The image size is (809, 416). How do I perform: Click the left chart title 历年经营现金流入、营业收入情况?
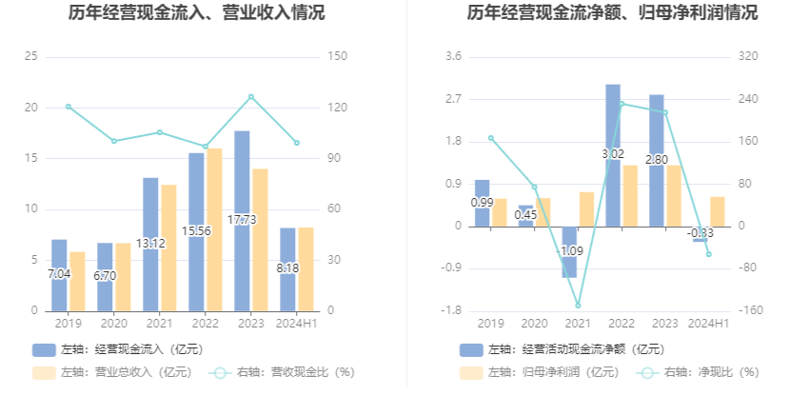click(196, 13)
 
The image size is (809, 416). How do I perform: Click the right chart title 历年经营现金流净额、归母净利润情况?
click(612, 13)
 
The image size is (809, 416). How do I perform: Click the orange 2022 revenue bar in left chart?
click(214, 228)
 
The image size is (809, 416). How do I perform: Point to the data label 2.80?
click(658, 160)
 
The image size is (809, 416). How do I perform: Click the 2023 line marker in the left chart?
click(250, 96)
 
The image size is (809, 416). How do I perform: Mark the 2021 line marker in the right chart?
click(578, 306)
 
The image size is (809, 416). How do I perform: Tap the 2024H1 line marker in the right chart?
click(708, 254)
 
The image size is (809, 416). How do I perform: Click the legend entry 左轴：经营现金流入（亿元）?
click(118, 349)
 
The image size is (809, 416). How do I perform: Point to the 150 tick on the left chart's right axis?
click(335, 57)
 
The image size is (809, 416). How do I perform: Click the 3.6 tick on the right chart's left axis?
click(453, 57)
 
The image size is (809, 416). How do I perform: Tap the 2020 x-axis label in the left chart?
click(113, 324)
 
